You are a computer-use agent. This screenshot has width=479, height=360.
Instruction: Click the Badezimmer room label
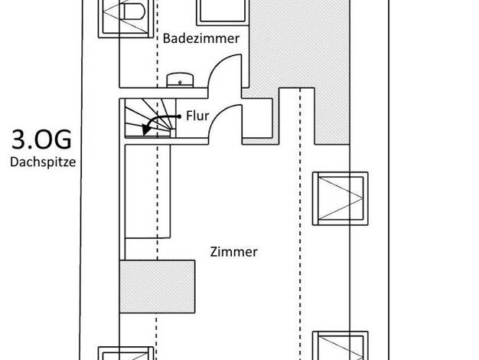201,38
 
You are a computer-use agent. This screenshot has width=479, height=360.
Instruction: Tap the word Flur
197,116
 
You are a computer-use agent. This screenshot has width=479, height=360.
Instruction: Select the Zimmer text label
233,252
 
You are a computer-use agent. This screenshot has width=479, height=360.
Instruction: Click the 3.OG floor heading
41,139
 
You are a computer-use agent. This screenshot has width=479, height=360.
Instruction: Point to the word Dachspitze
43,162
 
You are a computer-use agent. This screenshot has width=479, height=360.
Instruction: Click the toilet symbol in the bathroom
133,11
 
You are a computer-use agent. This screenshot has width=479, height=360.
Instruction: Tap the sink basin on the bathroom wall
180,80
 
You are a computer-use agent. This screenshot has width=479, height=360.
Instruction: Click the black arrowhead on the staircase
147,129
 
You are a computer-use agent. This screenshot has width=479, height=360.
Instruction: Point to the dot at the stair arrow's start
179,116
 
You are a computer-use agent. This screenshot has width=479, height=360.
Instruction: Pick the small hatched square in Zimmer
157,286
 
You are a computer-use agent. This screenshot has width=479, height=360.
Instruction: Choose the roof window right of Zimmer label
340,198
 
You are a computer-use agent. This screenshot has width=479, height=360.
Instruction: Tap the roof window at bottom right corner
340,345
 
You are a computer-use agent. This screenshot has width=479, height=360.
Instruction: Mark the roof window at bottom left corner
125,353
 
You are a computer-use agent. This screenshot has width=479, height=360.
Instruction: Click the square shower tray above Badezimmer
223,12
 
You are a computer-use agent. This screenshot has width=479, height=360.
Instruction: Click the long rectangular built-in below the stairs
148,191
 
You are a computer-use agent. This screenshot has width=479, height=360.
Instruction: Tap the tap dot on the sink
180,82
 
